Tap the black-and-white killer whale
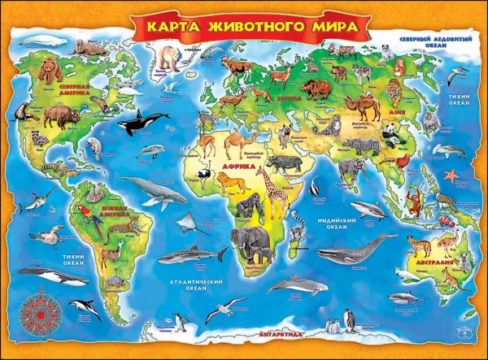[142, 124]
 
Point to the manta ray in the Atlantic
[189, 221]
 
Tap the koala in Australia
[465, 262]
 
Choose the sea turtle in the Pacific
[50, 236]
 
